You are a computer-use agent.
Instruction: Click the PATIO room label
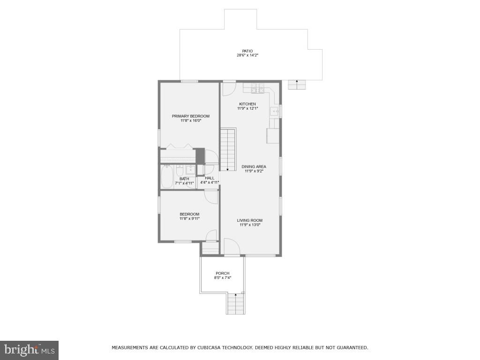(x=247, y=51)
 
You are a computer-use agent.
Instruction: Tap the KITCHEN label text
(x=247, y=104)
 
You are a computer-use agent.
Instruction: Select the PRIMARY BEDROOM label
(x=190, y=116)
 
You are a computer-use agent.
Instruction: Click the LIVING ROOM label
(x=249, y=220)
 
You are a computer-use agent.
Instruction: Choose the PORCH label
(x=223, y=273)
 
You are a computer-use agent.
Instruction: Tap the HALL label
(x=210, y=178)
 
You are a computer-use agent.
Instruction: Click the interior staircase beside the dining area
(x=228, y=150)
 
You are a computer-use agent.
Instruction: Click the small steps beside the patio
(x=297, y=84)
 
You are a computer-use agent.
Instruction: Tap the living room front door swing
(x=231, y=247)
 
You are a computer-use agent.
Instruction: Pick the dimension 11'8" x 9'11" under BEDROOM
(x=189, y=218)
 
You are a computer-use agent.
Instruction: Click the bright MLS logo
(x=29, y=349)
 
